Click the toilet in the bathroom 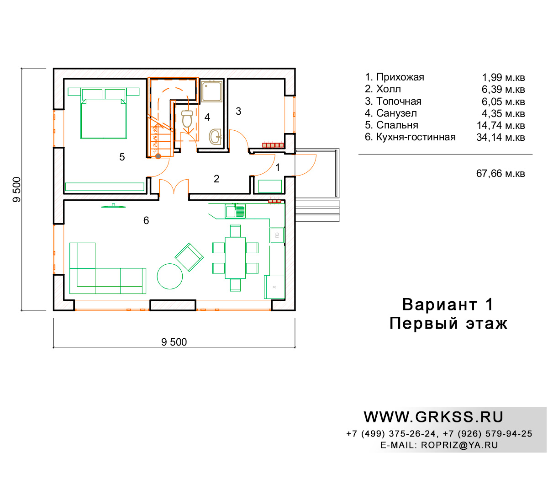pos(187,118)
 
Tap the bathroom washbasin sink pos(215,137)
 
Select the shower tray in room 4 pos(211,91)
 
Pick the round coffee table pos(169,276)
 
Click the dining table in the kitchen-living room pos(235,258)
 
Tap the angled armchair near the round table pos(189,257)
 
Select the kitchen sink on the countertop pos(235,211)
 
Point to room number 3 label pos(238,111)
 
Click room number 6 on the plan pos(146,220)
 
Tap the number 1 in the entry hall pos(278,167)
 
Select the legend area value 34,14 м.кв pos(501,137)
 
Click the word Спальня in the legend pos(397,125)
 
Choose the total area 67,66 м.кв pos(501,174)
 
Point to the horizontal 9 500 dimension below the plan pos(174,342)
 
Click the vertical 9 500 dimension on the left pos(16,190)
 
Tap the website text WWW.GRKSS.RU pos(433,417)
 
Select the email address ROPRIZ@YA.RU pos(459,445)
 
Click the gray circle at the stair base pos(158,156)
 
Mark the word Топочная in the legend pos(399,101)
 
